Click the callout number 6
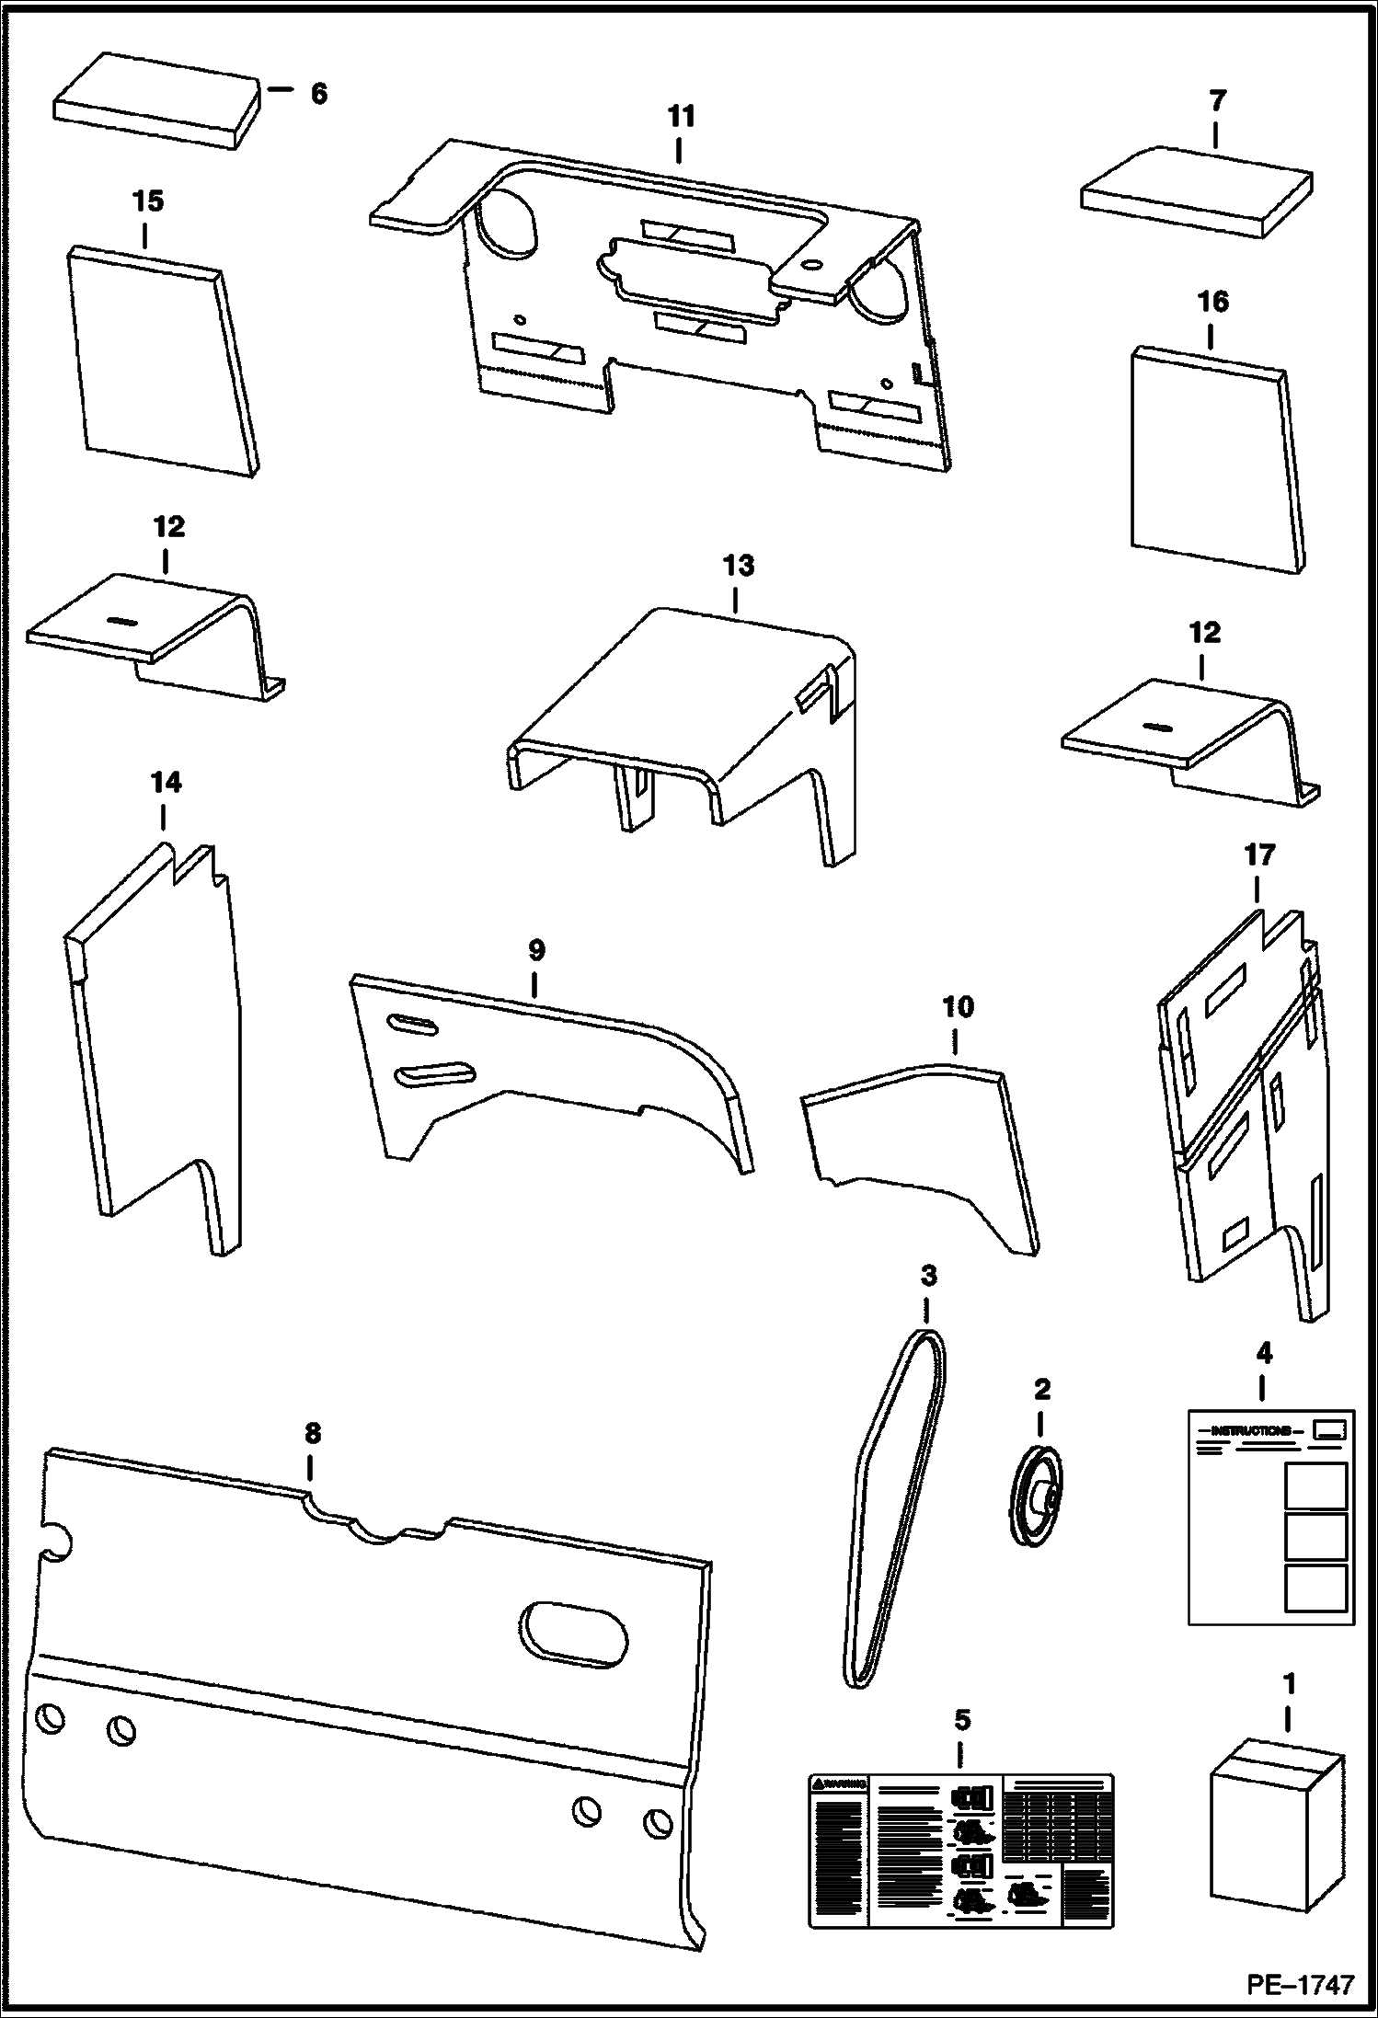coord(318,94)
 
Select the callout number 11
coord(681,117)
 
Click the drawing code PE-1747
coord(1300,1985)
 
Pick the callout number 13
coord(738,566)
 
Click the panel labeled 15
coord(161,363)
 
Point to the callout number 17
coord(1259,855)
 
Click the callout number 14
coord(166,783)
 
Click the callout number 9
coord(536,950)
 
